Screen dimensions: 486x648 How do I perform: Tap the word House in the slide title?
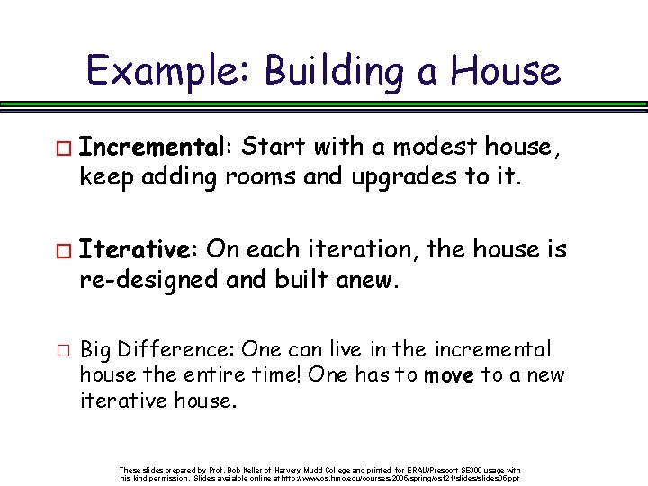point(505,71)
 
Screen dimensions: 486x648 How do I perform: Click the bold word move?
point(448,375)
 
